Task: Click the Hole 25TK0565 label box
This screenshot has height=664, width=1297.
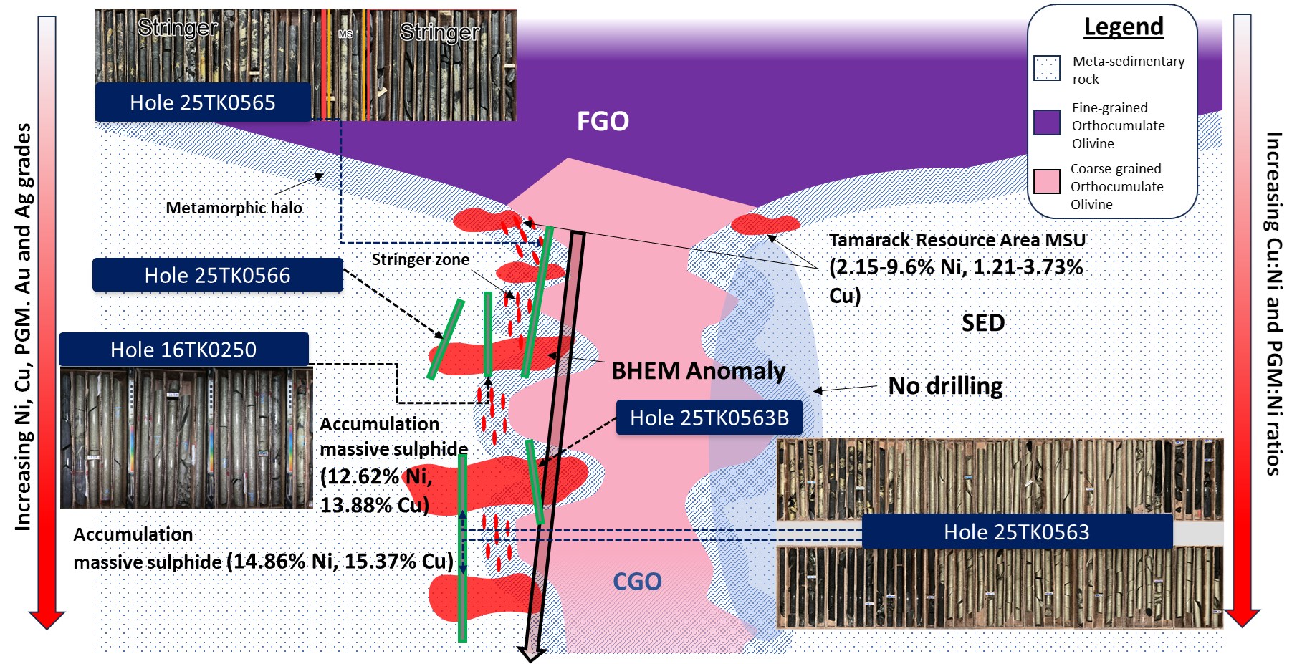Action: (x=203, y=102)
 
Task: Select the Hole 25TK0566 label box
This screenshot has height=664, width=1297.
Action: (x=217, y=275)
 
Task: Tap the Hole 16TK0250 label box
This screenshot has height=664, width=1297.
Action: (x=183, y=350)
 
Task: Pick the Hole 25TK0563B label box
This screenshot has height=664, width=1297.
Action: (x=709, y=418)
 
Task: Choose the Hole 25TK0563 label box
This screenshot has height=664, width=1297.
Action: (x=1016, y=531)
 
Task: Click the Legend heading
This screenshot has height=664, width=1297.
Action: (x=1123, y=27)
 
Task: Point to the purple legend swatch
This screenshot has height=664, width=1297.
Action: (x=1047, y=122)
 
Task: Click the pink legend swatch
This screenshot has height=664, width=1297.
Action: (x=1047, y=181)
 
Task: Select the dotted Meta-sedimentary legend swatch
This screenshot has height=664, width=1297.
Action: (x=1047, y=68)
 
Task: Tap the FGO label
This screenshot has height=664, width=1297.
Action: (x=603, y=121)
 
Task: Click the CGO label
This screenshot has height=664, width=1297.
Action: (x=637, y=581)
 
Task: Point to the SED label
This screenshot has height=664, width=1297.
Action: (x=982, y=323)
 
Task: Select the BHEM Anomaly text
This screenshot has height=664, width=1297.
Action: (x=698, y=371)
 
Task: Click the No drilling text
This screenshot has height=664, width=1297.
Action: (x=945, y=386)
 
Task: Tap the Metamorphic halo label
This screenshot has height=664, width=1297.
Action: (x=234, y=208)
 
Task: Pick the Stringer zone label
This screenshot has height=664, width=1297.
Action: (x=421, y=259)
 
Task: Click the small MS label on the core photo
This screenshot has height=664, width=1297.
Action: (x=345, y=34)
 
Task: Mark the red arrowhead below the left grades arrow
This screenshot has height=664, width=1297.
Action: (x=47, y=620)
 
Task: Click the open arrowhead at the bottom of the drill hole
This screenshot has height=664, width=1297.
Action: (x=532, y=654)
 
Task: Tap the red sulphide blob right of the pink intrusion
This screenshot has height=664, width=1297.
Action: (x=765, y=224)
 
